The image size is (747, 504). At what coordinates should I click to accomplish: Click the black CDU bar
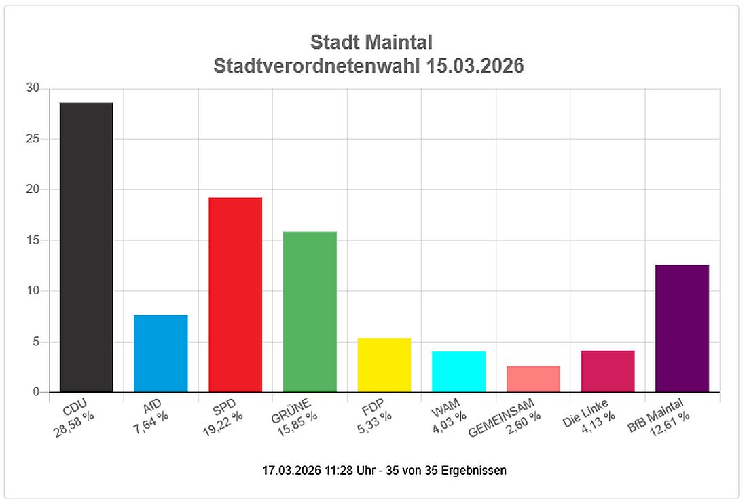[x=86, y=247]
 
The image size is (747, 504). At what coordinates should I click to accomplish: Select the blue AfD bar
[x=161, y=353]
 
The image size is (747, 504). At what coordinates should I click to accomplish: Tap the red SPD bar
[x=235, y=294]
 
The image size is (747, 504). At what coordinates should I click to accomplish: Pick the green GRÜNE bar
[x=310, y=311]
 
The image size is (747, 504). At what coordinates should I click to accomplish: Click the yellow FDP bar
[x=384, y=365]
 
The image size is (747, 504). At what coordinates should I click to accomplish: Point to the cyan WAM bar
[x=458, y=372]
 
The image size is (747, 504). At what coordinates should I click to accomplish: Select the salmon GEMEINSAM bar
[x=533, y=379]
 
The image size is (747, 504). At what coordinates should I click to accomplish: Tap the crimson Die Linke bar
[x=608, y=371]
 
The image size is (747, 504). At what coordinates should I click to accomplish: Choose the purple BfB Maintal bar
[x=682, y=328]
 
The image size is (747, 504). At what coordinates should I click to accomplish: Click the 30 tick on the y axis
[x=33, y=89]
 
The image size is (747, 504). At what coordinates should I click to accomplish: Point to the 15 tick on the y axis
[x=33, y=241]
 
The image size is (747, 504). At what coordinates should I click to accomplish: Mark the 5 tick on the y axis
[x=36, y=342]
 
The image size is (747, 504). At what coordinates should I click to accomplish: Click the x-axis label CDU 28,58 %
[x=74, y=415]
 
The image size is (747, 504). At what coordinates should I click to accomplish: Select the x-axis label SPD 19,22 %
[x=223, y=415]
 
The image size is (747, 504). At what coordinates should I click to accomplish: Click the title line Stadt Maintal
[x=371, y=42]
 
